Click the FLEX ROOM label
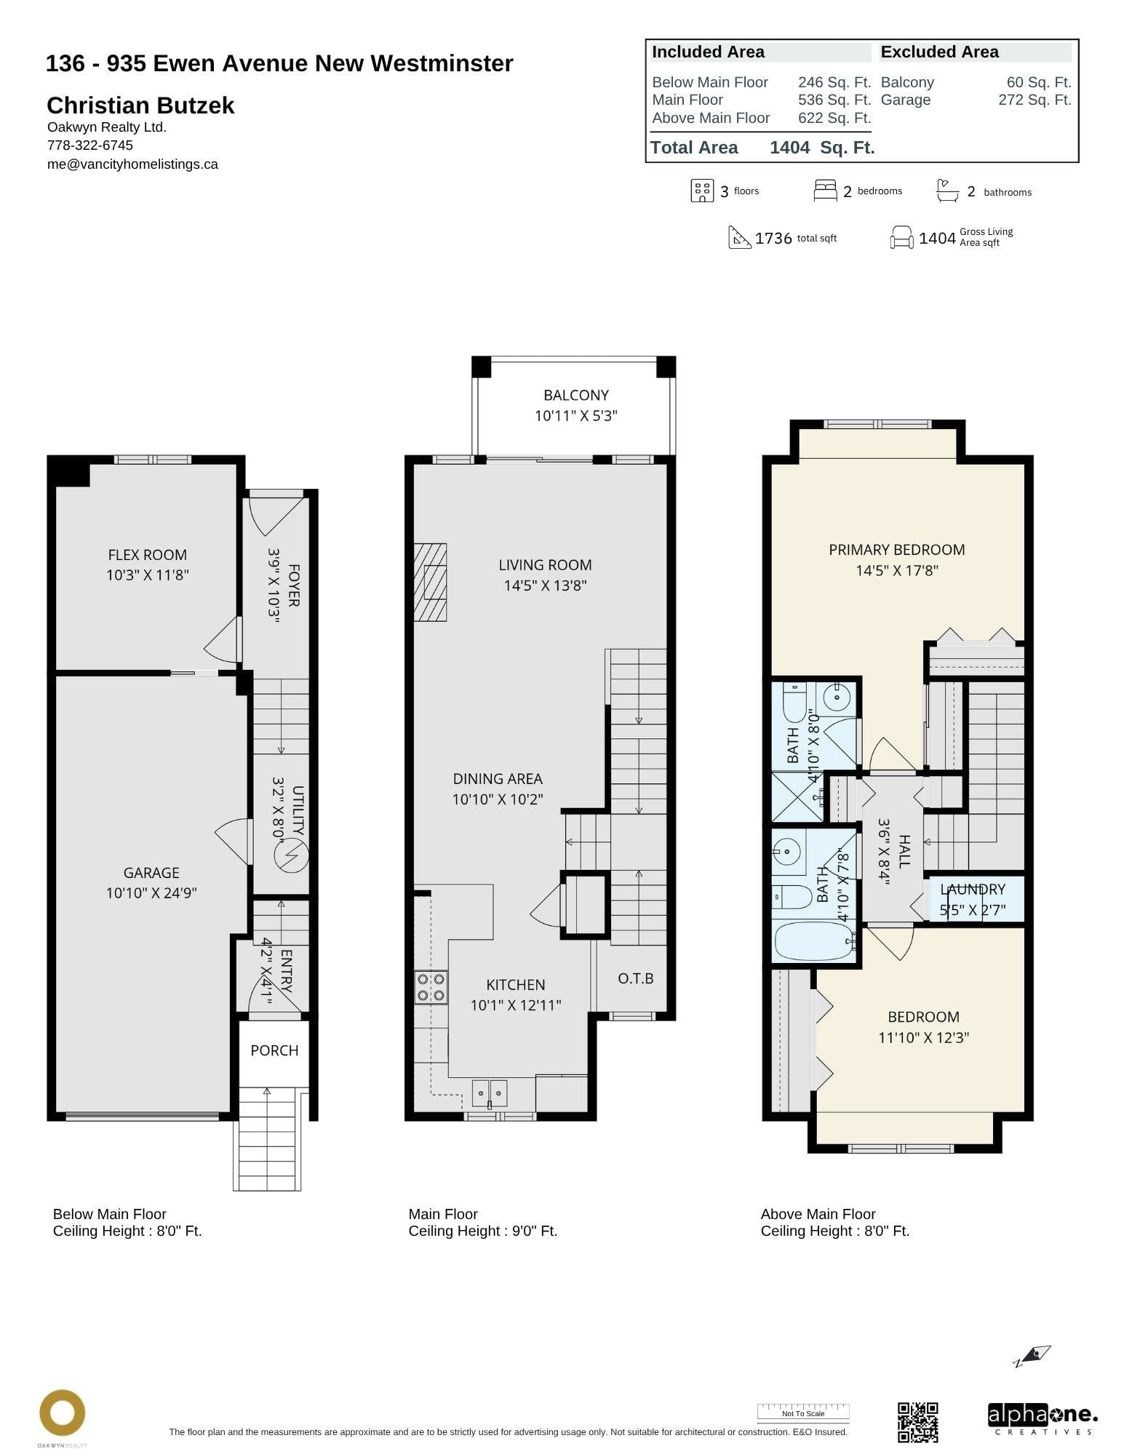point(148,555)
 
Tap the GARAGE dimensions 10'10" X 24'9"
point(151,893)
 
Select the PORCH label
point(274,1050)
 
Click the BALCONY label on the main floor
point(575,395)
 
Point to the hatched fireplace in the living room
point(431,582)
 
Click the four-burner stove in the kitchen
point(431,987)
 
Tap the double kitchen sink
point(490,1093)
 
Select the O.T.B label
point(636,979)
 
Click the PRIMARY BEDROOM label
point(896,550)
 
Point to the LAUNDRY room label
point(973,890)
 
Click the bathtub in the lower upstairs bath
point(813,943)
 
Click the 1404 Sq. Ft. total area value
point(822,148)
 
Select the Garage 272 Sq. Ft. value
point(1034,100)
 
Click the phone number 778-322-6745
point(90,145)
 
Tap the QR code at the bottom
point(917,1422)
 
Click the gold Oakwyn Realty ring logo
point(62,1413)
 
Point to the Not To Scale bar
point(803,1413)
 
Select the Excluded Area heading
point(939,52)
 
